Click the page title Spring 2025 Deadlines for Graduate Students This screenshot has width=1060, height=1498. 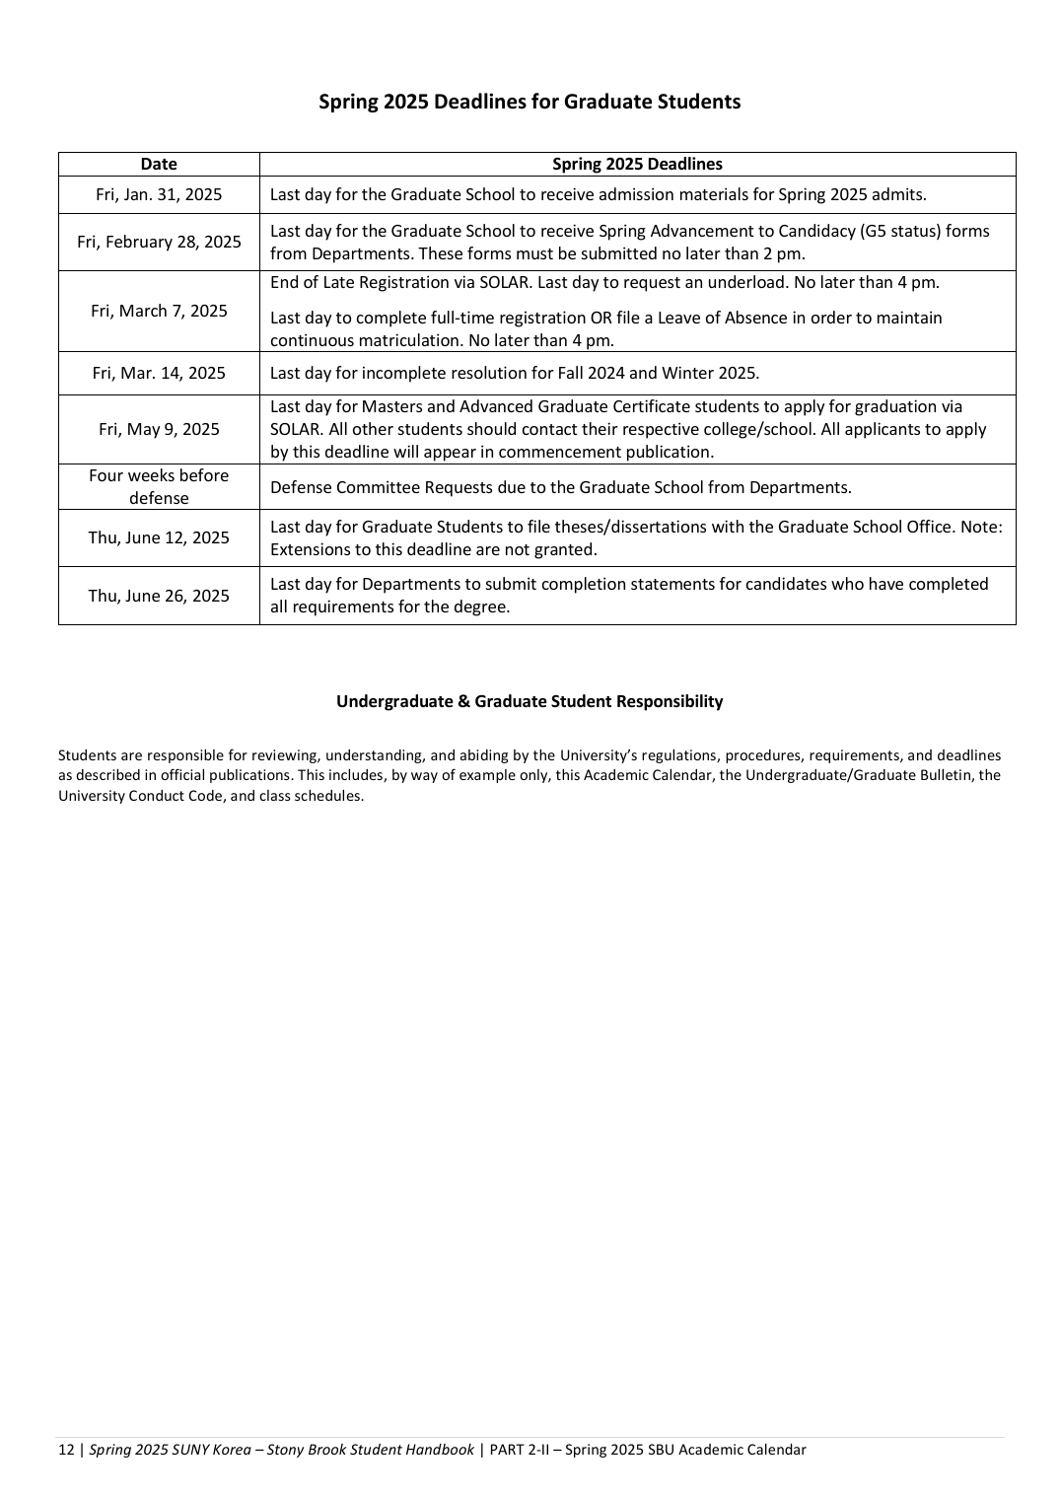pyautogui.click(x=530, y=102)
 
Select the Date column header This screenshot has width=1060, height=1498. pyautogui.click(x=159, y=165)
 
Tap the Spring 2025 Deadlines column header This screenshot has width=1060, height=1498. pyautogui.click(x=637, y=165)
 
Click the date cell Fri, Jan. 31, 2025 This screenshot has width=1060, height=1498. pyautogui.click(x=159, y=194)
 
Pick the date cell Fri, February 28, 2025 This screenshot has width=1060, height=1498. pyautogui.click(x=159, y=242)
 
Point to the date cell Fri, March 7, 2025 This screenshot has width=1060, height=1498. pyautogui.click(x=159, y=311)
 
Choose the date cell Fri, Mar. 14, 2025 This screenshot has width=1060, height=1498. pyautogui.click(x=159, y=373)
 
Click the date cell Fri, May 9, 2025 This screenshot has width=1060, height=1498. pyautogui.click(x=159, y=429)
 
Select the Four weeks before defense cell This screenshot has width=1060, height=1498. pyautogui.click(x=159, y=486)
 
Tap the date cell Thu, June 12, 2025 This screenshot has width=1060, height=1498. pyautogui.click(x=159, y=537)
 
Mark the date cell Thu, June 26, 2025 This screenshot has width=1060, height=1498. pyautogui.click(x=159, y=596)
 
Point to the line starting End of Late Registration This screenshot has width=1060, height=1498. pyautogui.click(x=604, y=283)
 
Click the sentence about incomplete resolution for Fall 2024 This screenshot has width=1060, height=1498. pyautogui.click(x=515, y=373)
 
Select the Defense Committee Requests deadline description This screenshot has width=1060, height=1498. pyautogui.click(x=560, y=487)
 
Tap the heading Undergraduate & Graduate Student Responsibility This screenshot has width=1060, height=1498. pyautogui.click(x=530, y=701)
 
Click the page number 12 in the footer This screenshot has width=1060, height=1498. pyautogui.click(x=66, y=1450)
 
